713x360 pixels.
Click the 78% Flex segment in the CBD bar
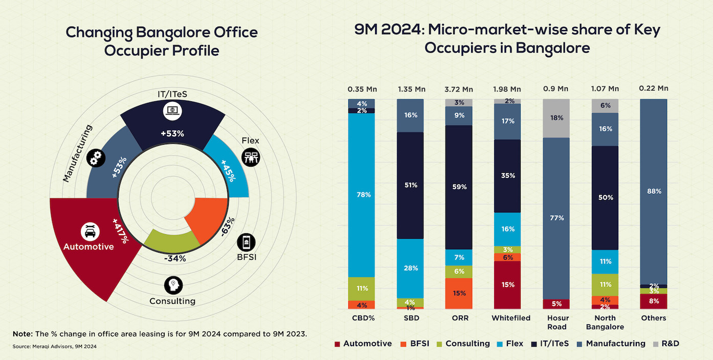pyautogui.click(x=362, y=195)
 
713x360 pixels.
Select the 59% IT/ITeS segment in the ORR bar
pyautogui.click(x=459, y=187)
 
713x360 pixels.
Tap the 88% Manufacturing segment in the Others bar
pyautogui.click(x=654, y=191)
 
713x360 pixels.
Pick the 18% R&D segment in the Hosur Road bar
pyautogui.click(x=556, y=118)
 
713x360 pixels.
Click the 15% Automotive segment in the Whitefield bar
pyautogui.click(x=507, y=285)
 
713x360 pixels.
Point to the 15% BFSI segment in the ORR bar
pyautogui.click(x=459, y=294)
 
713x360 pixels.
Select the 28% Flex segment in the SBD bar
pyautogui.click(x=410, y=268)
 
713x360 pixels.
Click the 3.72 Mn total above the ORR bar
pyautogui.click(x=459, y=89)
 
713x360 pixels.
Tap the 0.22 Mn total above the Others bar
pyautogui.click(x=654, y=88)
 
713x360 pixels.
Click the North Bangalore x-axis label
pyautogui.click(x=605, y=322)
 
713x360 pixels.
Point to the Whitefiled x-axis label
pyautogui.click(x=507, y=318)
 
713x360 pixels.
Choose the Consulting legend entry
pyautogui.click(x=467, y=344)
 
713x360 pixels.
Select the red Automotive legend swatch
pyautogui.click(x=337, y=344)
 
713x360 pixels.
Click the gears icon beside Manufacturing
pyautogui.click(x=96, y=158)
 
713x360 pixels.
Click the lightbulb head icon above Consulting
pyautogui.click(x=172, y=285)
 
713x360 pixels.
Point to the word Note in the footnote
pyautogui.click(x=23, y=334)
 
